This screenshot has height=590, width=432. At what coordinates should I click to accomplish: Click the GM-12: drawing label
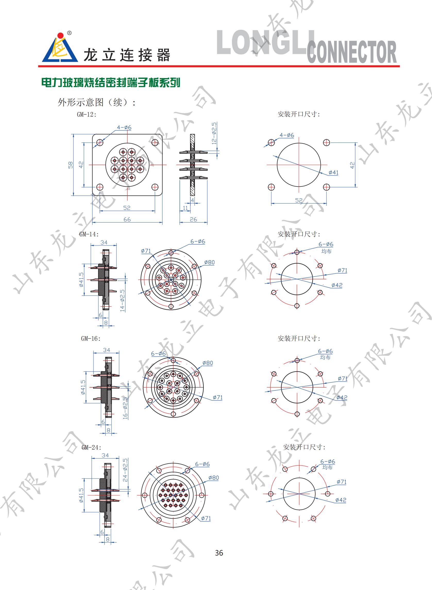(x=87, y=115)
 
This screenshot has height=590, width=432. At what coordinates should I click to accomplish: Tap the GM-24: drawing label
(x=91, y=447)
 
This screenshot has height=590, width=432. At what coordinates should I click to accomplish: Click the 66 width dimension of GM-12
(x=127, y=219)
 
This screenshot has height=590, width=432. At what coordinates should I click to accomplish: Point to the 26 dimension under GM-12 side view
(x=193, y=219)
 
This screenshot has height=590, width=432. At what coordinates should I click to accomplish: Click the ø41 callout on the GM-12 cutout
(x=333, y=173)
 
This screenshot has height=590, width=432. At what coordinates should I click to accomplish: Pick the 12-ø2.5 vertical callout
(x=214, y=133)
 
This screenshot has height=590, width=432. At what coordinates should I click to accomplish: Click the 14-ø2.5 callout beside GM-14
(x=122, y=300)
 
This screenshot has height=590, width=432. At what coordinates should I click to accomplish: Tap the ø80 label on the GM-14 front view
(x=209, y=262)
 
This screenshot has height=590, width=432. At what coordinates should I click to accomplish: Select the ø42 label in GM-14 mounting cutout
(x=337, y=285)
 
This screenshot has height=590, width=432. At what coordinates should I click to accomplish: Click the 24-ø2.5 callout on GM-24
(x=125, y=470)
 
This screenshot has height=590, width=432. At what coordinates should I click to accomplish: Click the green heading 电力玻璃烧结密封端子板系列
(x=111, y=83)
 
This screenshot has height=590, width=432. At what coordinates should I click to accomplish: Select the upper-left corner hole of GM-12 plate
(x=100, y=142)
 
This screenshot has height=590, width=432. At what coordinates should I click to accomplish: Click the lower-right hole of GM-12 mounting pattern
(x=326, y=187)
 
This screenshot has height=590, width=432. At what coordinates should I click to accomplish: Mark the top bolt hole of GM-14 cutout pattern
(x=297, y=252)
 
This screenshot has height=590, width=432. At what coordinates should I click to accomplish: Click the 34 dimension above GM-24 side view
(x=105, y=455)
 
